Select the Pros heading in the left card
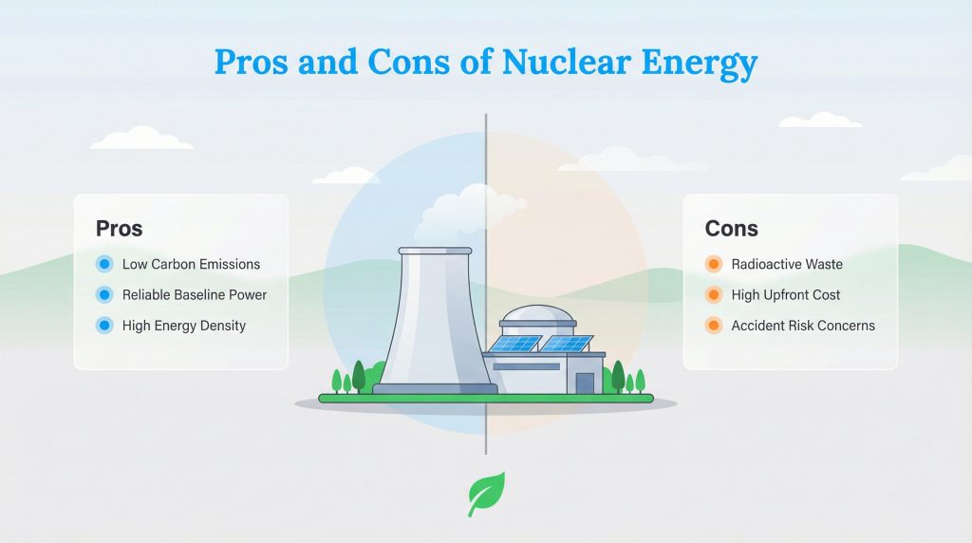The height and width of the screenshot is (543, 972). pyautogui.click(x=120, y=229)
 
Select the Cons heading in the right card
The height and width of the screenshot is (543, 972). pyautogui.click(x=732, y=229)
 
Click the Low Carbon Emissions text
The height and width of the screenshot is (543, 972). pyautogui.click(x=191, y=264)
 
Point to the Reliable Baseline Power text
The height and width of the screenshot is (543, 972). pyautogui.click(x=195, y=294)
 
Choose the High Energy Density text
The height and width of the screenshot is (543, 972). pyautogui.click(x=184, y=326)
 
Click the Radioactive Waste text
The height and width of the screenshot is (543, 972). pyautogui.click(x=787, y=264)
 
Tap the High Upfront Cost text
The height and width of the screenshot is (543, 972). pyautogui.click(x=786, y=294)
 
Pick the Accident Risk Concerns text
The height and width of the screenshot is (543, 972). pyautogui.click(x=803, y=326)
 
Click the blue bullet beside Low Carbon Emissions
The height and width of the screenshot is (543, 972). pyautogui.click(x=104, y=264)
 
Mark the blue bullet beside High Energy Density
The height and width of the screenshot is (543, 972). pyautogui.click(x=104, y=326)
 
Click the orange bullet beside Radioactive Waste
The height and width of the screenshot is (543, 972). pyautogui.click(x=714, y=264)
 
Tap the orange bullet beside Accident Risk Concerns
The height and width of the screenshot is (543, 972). pyautogui.click(x=714, y=326)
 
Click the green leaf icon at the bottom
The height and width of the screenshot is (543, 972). pyautogui.click(x=486, y=494)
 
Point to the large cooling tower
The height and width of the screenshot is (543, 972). pyautogui.click(x=436, y=323)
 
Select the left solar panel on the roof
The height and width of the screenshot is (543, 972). pyautogui.click(x=514, y=344)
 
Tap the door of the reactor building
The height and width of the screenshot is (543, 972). pyautogui.click(x=585, y=383)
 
